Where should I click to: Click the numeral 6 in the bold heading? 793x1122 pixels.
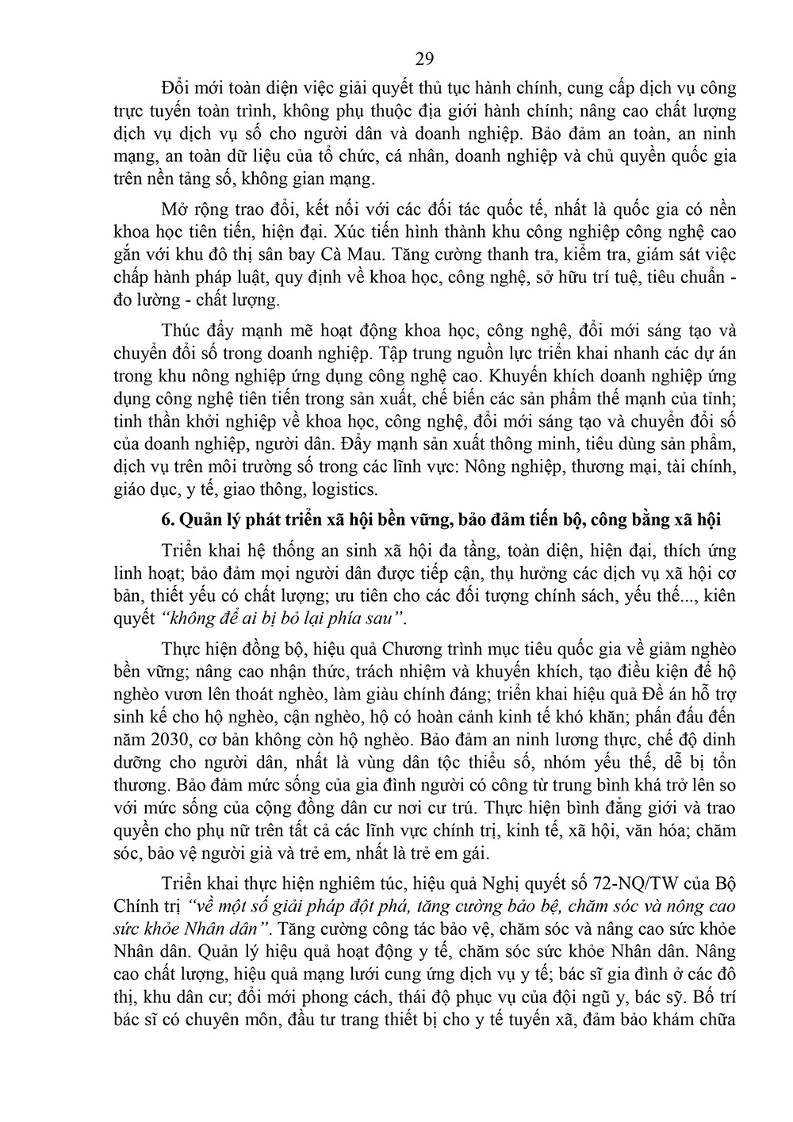(x=166, y=519)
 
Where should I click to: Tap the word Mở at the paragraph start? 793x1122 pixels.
(x=175, y=209)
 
